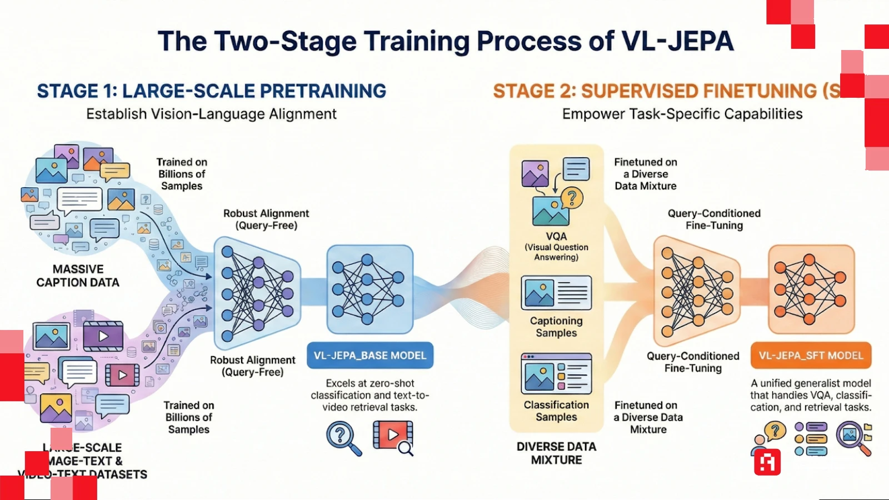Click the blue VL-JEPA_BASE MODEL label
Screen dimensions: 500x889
tap(370, 356)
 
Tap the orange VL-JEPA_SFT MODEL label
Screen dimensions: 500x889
tap(811, 356)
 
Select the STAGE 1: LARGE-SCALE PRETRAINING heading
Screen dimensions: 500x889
tap(212, 91)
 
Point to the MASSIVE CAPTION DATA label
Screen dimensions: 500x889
tap(78, 276)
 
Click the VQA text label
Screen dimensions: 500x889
tap(556, 236)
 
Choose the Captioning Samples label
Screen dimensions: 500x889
tap(556, 327)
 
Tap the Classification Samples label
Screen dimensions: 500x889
tap(556, 411)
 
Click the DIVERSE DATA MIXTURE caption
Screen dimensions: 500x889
tap(556, 453)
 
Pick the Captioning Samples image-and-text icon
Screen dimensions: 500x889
tap(556, 293)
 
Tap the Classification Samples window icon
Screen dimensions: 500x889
tap(556, 374)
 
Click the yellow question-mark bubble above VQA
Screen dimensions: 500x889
tap(572, 197)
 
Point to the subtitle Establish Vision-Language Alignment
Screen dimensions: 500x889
tap(212, 114)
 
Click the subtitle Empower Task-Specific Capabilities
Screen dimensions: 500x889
tap(682, 114)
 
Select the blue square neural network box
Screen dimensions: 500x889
tap(370, 289)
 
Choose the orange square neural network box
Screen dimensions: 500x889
tap(811, 289)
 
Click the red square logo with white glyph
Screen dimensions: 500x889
tap(767, 462)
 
